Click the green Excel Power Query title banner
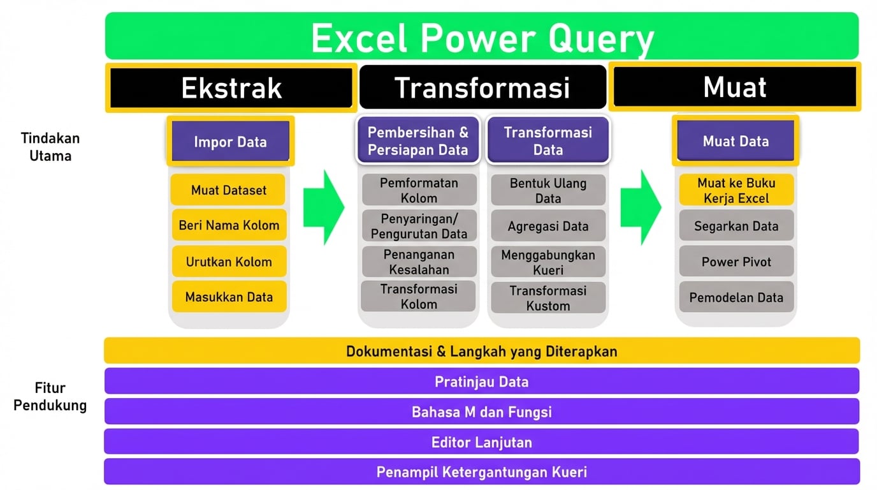(x=482, y=36)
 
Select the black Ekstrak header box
(x=231, y=88)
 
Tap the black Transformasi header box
(x=482, y=87)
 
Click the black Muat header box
(x=735, y=87)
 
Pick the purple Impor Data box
(x=231, y=141)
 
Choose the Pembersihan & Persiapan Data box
(x=418, y=140)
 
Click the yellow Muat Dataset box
(x=229, y=190)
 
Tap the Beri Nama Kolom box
(x=229, y=225)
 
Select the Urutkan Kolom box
(x=229, y=262)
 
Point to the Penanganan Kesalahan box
(x=419, y=262)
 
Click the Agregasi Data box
(x=548, y=226)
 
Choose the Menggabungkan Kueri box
(x=548, y=262)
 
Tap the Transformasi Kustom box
(x=548, y=298)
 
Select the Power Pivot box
(x=736, y=262)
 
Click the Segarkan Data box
(x=736, y=226)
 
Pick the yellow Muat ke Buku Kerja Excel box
(x=736, y=190)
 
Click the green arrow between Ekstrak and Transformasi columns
(x=324, y=207)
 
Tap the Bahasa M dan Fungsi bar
(x=482, y=412)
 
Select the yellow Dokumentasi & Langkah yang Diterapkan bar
(x=482, y=351)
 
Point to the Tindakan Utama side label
(x=50, y=147)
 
